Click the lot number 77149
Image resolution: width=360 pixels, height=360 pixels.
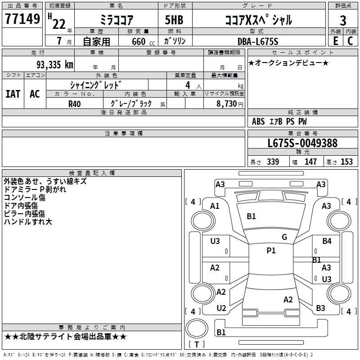pyautogui.click(x=22, y=19)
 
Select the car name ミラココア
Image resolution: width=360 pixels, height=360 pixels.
pyautogui.click(x=115, y=20)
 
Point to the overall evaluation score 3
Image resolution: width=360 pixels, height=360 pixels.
pyautogui.click(x=343, y=20)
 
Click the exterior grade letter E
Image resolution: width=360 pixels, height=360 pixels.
pyautogui.click(x=335, y=41)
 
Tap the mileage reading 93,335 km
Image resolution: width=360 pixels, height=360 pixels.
pyautogui.click(x=54, y=64)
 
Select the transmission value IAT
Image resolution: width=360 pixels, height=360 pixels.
pyautogui.click(x=13, y=94)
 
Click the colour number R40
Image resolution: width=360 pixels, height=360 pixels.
pyautogui.click(x=74, y=103)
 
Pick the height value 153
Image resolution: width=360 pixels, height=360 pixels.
pyautogui.click(x=346, y=162)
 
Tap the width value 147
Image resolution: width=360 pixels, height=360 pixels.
pyautogui.click(x=310, y=162)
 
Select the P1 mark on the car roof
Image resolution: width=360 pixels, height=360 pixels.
pyautogui.click(x=271, y=251)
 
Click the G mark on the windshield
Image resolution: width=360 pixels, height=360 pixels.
pyautogui.click(x=284, y=237)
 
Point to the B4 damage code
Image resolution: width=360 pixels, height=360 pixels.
pyautogui.click(x=327, y=241)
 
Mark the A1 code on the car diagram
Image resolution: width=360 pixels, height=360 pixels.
pyautogui.click(x=215, y=206)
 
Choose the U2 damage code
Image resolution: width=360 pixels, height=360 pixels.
pyautogui.click(x=221, y=308)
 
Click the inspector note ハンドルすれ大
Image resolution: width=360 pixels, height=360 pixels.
pyautogui.click(x=28, y=222)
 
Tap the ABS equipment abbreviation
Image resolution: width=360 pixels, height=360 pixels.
pyautogui.click(x=258, y=121)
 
